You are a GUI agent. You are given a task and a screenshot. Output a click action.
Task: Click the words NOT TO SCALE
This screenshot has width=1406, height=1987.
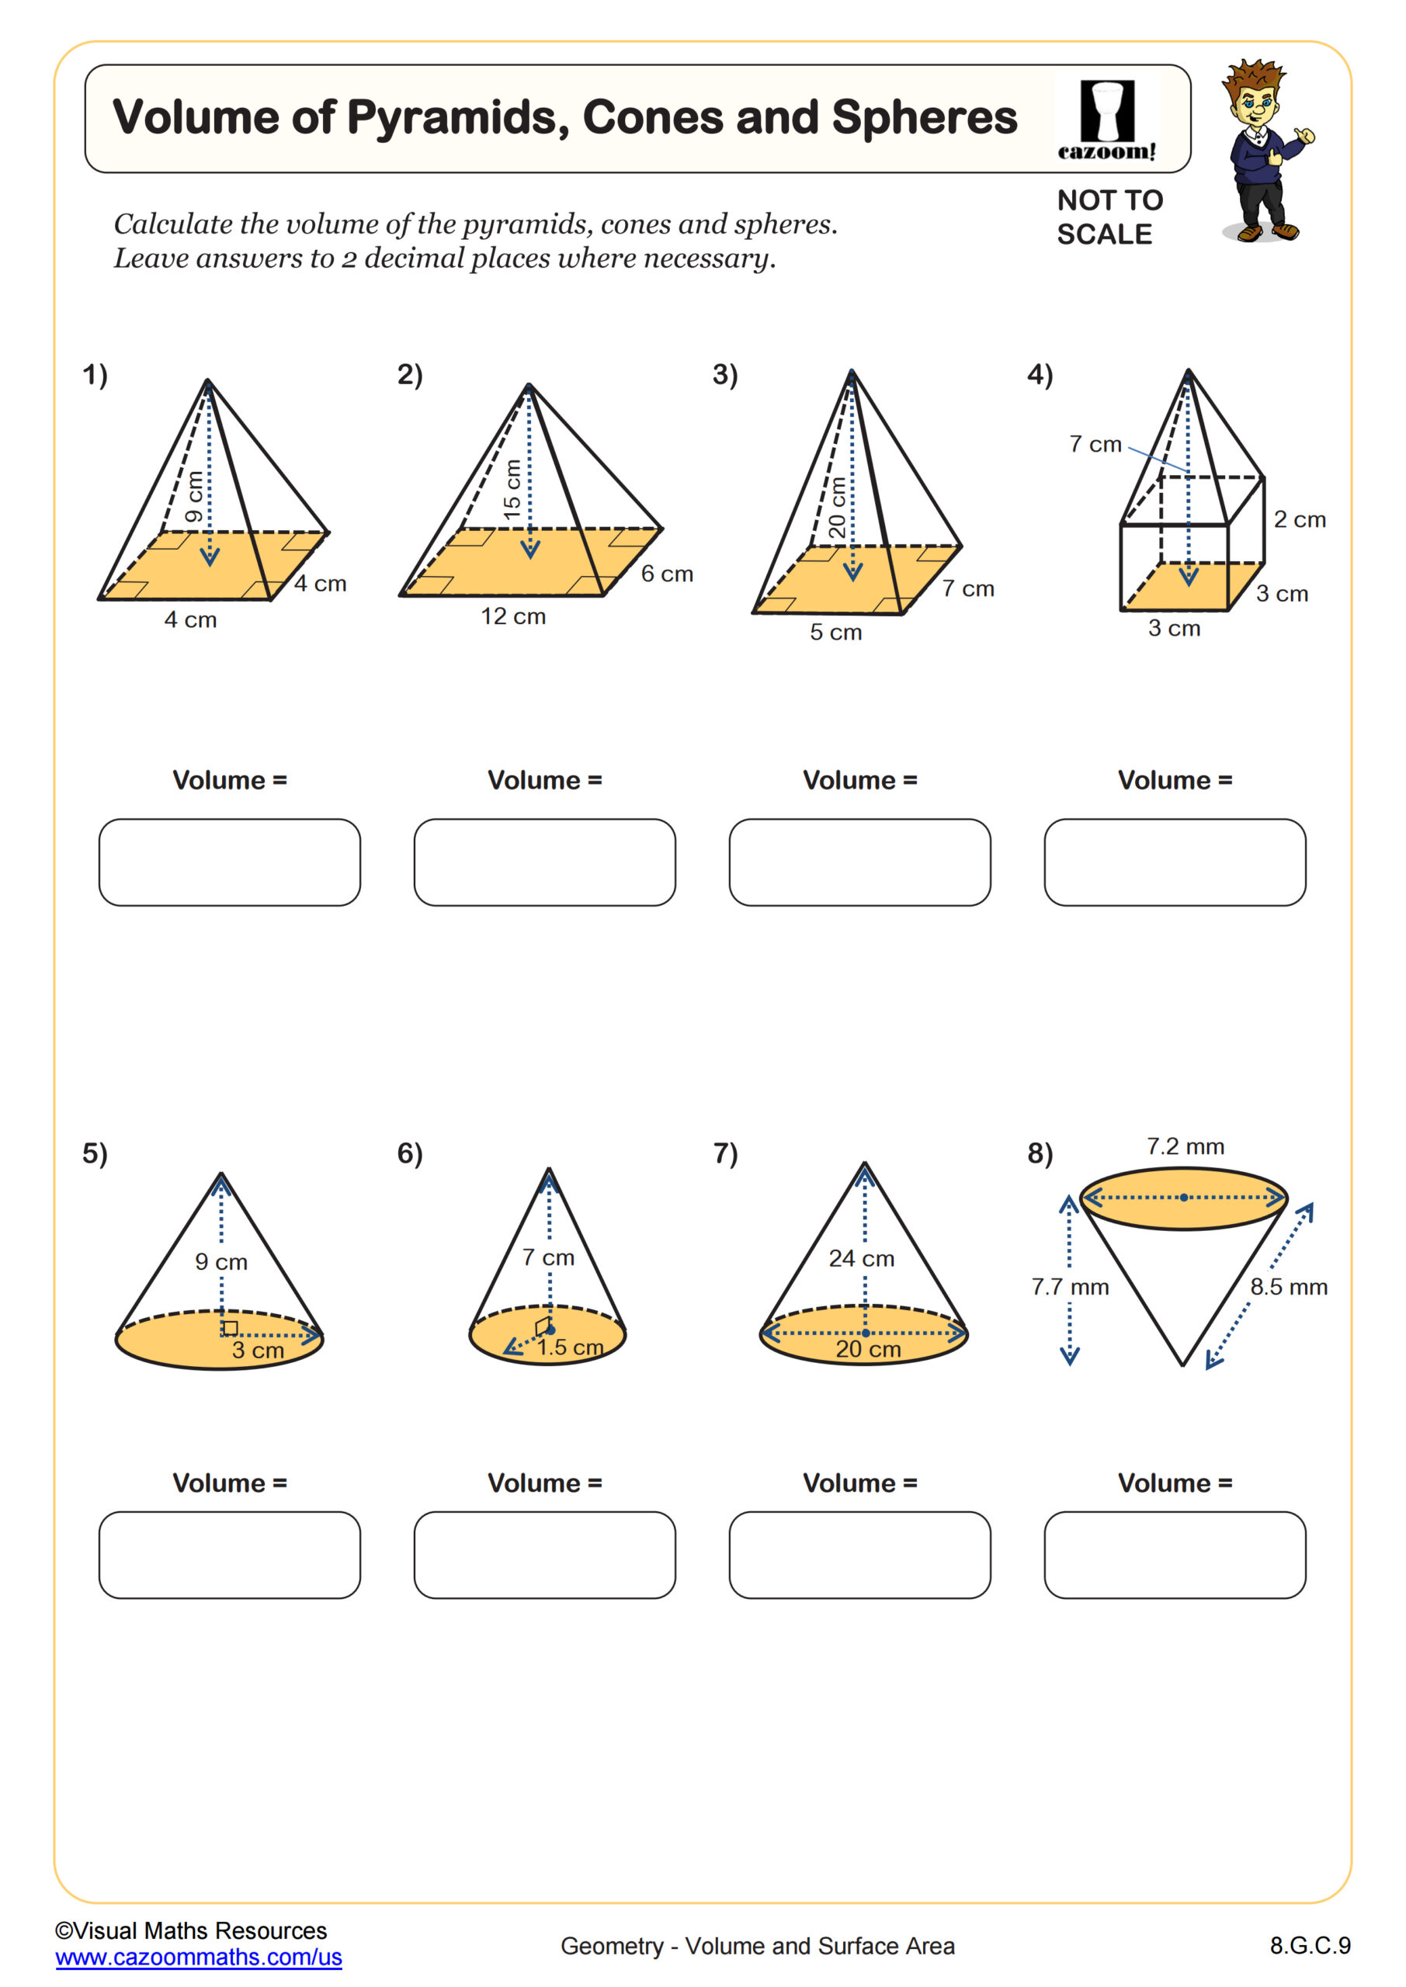tap(1109, 217)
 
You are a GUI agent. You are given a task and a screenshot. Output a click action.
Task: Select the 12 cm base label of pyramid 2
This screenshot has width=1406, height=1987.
tap(513, 616)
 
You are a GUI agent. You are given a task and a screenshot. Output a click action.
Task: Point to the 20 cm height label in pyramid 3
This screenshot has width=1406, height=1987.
tap(837, 508)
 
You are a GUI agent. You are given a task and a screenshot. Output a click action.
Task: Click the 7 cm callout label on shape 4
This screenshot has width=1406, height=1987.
tap(1095, 444)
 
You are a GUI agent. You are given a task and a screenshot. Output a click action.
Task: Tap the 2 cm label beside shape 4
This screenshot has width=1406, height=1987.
tap(1300, 519)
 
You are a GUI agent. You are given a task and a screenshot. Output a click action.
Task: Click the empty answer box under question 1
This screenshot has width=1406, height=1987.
tap(230, 862)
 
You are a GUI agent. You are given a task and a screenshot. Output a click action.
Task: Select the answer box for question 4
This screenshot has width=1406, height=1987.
tap(1175, 862)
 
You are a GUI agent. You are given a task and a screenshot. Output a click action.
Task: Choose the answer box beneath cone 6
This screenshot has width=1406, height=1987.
tap(544, 1555)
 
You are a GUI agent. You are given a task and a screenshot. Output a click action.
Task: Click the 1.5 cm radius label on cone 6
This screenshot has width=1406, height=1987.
tap(570, 1347)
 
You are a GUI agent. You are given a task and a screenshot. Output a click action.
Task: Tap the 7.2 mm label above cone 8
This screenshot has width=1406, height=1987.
tap(1186, 1146)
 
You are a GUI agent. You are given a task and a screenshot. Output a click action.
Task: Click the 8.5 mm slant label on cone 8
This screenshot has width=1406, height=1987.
tap(1288, 1287)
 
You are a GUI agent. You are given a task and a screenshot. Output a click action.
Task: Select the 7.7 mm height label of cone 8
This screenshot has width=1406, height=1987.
tap(1070, 1287)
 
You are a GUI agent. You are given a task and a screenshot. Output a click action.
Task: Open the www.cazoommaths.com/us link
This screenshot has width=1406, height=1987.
tap(198, 1957)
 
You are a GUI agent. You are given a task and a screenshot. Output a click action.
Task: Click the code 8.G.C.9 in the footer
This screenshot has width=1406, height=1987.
tap(1310, 1945)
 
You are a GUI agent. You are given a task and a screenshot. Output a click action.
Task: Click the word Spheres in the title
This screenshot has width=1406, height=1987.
tap(925, 118)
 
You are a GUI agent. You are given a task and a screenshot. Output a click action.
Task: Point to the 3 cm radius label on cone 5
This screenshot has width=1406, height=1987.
tap(258, 1350)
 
